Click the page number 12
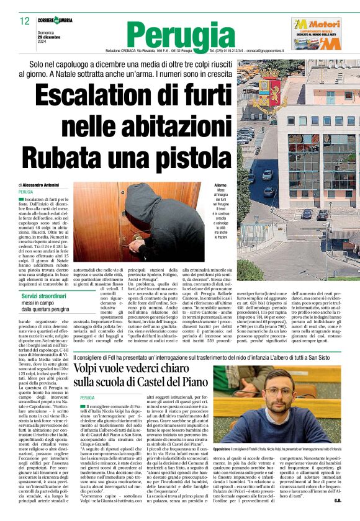[x=24, y=21]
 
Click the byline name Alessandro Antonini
[x=43, y=185]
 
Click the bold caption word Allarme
[x=220, y=185]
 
